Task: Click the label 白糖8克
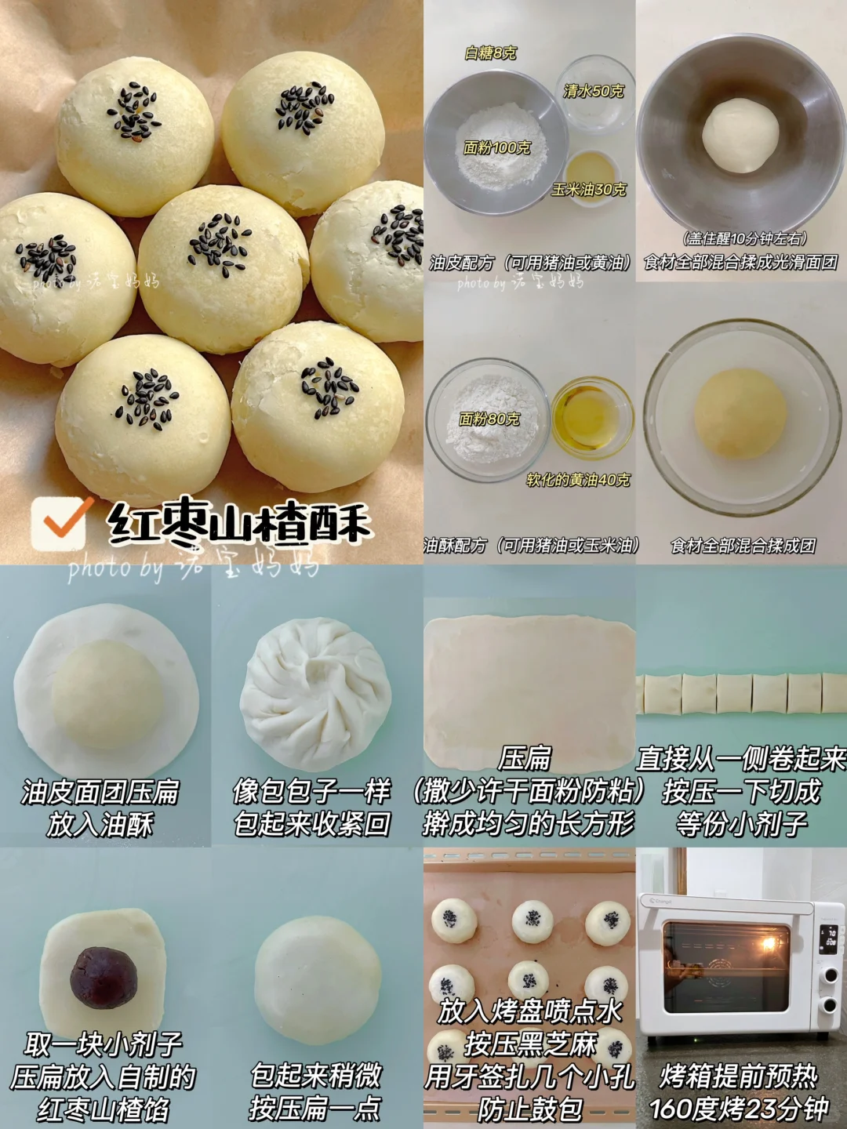coord(491,53)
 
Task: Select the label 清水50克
coord(594,91)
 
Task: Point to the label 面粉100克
coord(496,147)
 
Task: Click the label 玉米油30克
coord(589,190)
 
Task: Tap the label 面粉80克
coord(489,419)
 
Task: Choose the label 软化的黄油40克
coord(578,480)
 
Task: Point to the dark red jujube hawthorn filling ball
coord(104,977)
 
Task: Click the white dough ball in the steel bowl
coord(740,135)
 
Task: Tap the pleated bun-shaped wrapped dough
coord(315,694)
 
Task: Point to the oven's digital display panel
coord(828,938)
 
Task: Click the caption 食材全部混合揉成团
coord(743,546)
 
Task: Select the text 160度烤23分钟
coord(739,1109)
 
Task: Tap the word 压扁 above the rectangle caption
coord(525,758)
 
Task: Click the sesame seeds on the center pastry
coord(220,245)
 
